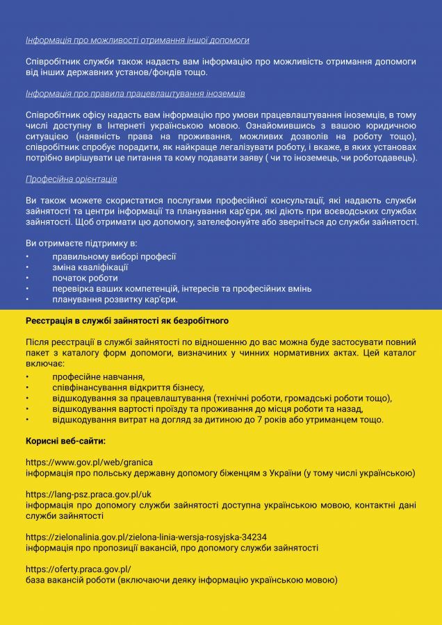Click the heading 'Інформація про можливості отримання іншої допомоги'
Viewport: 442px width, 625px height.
click(x=137, y=40)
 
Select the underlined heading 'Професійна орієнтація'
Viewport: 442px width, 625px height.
click(x=71, y=179)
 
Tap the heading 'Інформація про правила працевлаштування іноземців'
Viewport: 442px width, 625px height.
click(x=135, y=93)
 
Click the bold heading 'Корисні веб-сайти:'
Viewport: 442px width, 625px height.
click(x=65, y=441)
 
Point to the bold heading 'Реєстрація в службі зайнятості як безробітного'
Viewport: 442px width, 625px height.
click(x=127, y=322)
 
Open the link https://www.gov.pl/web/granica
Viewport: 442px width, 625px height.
click(x=89, y=462)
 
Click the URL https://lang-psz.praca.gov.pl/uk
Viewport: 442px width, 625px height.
click(x=88, y=494)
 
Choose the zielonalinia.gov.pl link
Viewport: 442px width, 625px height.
click(x=146, y=537)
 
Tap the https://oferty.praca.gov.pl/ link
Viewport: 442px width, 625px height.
click(x=78, y=569)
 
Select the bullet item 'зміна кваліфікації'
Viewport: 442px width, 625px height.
click(x=90, y=267)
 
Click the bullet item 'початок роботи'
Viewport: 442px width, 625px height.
click(x=85, y=278)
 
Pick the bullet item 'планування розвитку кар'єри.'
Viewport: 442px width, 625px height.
click(x=115, y=300)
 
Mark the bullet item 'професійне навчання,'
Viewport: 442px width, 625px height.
click(x=93, y=376)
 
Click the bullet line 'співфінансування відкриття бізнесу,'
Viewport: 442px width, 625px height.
click(x=128, y=387)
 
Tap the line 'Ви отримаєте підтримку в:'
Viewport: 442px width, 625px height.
click(x=81, y=244)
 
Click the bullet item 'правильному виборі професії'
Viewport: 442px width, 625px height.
click(x=114, y=256)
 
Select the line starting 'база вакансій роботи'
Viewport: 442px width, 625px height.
click(x=181, y=580)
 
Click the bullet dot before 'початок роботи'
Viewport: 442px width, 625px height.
click(x=27, y=278)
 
